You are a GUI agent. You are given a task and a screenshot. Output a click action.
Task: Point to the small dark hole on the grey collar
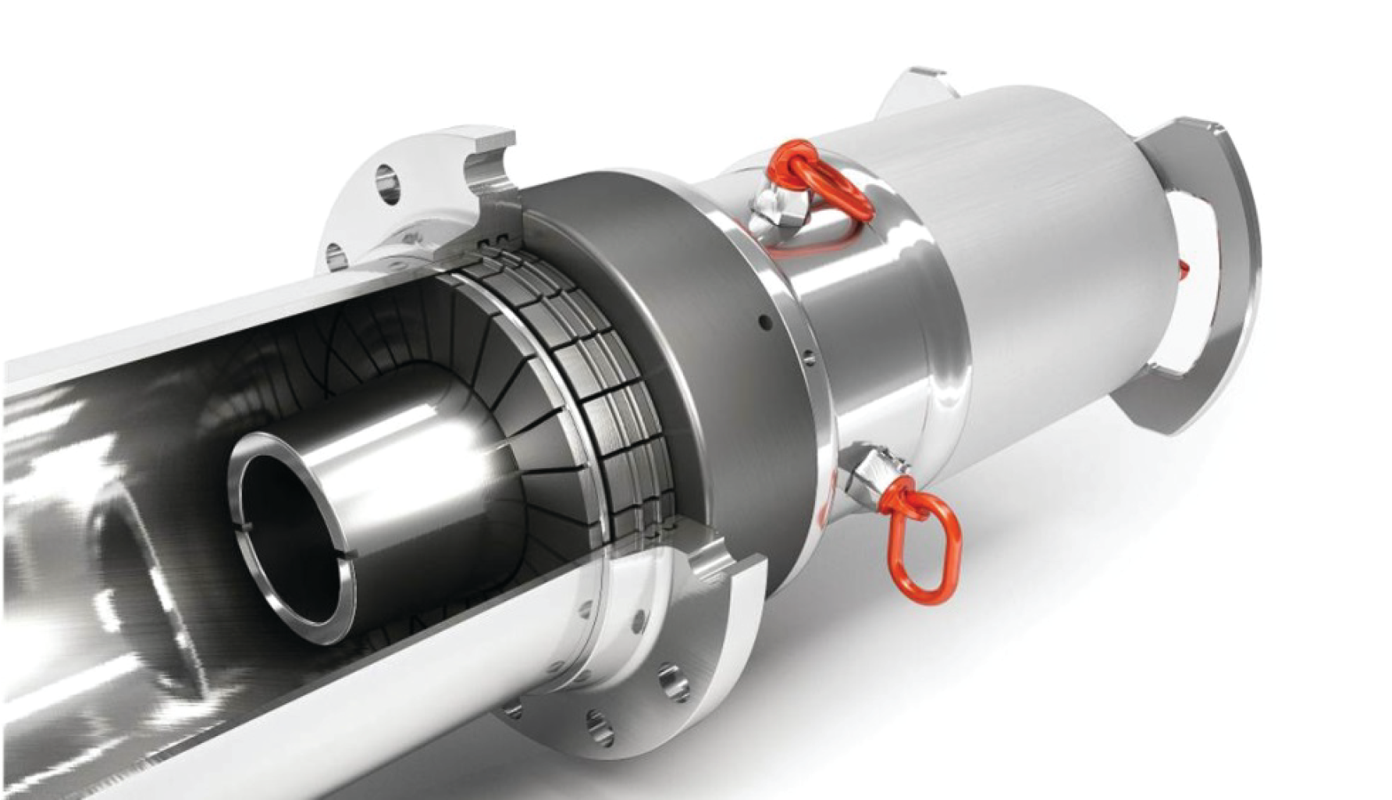764,322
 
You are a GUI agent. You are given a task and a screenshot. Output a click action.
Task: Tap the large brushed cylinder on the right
1054,234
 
